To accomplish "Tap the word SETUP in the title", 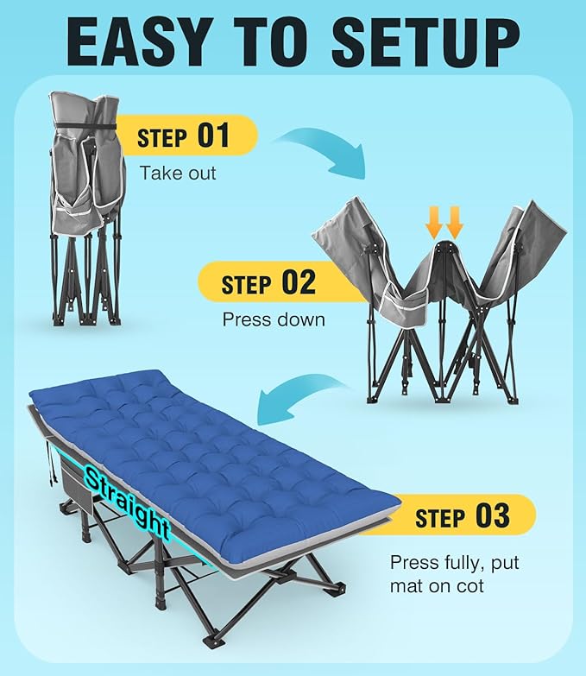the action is (x=425, y=42).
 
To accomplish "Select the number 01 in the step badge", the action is (x=213, y=136).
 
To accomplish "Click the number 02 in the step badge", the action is (x=299, y=282).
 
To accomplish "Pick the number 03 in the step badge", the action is (x=493, y=515).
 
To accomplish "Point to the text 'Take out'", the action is (x=178, y=174).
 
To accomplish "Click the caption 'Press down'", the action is (x=274, y=320).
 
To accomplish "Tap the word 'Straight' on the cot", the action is (x=127, y=502).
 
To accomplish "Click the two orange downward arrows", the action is (x=444, y=223).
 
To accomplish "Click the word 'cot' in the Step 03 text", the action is (x=468, y=586).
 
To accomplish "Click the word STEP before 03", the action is (x=440, y=518).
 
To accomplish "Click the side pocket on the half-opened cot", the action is (x=404, y=299).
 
